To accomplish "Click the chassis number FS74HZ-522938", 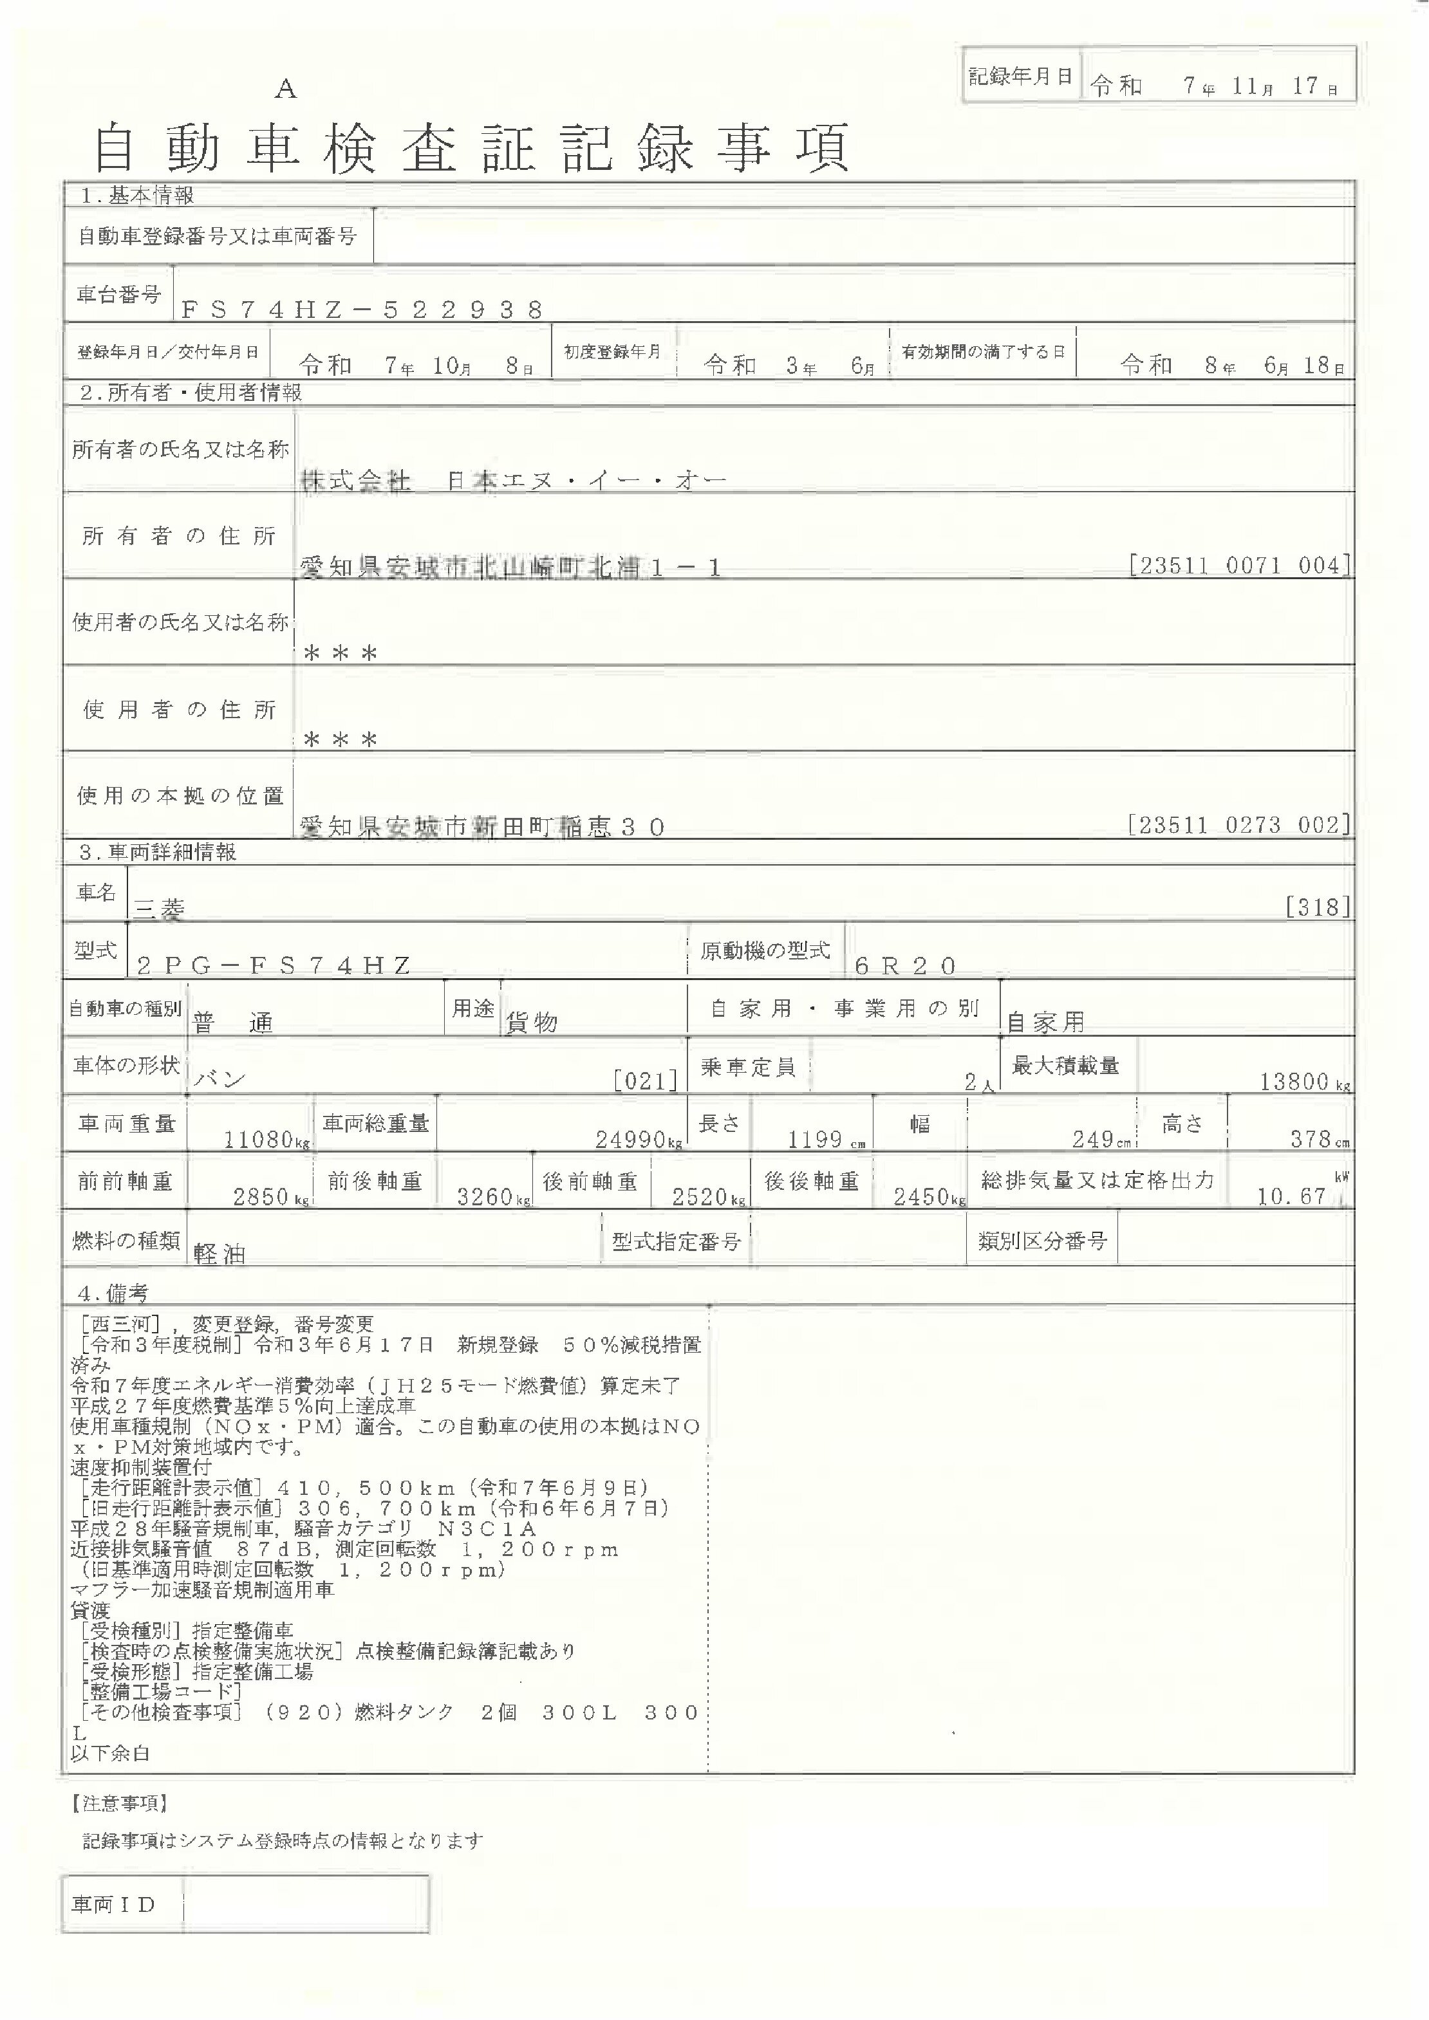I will pos(362,309).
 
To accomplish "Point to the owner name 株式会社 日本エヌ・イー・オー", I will pos(513,480).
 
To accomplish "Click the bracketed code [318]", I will pos(1317,907).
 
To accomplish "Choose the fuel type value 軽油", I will pos(219,1254).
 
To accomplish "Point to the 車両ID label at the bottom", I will pos(113,1905).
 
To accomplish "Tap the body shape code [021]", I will pos(646,1080).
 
